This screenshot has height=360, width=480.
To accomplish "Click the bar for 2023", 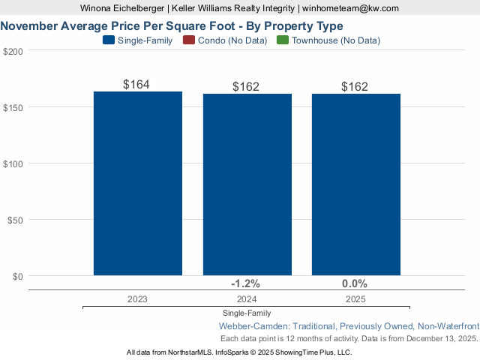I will pos(137,184).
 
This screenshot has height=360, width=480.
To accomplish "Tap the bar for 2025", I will pos(355,184).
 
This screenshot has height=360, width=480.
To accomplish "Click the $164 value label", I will pos(136,85).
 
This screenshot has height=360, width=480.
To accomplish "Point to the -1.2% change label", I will pos(245,283).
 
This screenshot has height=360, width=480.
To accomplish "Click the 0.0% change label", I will pos(354,283).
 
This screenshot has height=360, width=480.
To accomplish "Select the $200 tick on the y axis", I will pos(13,51).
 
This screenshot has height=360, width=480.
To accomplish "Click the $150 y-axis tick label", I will pos(13,107).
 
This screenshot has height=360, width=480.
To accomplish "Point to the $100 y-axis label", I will pos(13,163).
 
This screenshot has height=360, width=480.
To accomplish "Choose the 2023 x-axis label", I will pos(137,298).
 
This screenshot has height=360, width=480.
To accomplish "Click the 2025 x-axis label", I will pos(355,298).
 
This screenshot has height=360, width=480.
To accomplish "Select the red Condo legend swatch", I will pos(189,40).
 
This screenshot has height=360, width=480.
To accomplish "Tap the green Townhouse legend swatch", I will pos(283,40).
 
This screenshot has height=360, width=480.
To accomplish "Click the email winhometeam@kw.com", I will pos(351,8).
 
